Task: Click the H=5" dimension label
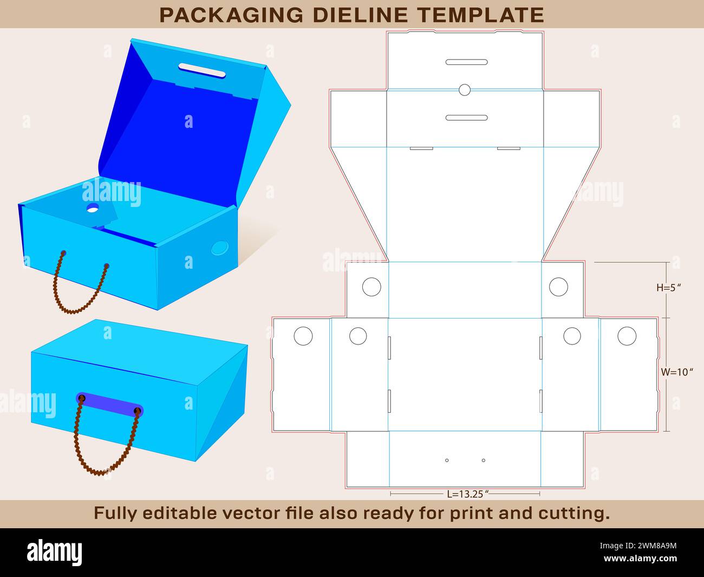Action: pos(668,288)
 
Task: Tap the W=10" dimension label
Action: pos(677,372)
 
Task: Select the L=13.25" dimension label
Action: pos(467,494)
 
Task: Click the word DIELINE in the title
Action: pos(361,15)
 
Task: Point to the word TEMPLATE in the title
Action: pos(481,15)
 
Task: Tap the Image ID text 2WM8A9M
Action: pos(657,546)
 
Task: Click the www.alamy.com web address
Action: pos(640,558)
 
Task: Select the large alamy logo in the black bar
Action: pos(54,552)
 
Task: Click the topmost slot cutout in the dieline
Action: pos(466,62)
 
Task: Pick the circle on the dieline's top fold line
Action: pos(465,90)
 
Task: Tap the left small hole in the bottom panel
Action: pos(447,461)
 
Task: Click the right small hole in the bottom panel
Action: pos(484,461)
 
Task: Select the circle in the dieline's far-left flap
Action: pos(303,336)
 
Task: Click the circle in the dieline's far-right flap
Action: pos(627,336)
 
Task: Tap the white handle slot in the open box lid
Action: pos(202,70)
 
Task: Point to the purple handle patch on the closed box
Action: pos(110,404)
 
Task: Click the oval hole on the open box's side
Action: pos(220,248)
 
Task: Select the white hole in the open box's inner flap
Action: pos(93,209)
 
